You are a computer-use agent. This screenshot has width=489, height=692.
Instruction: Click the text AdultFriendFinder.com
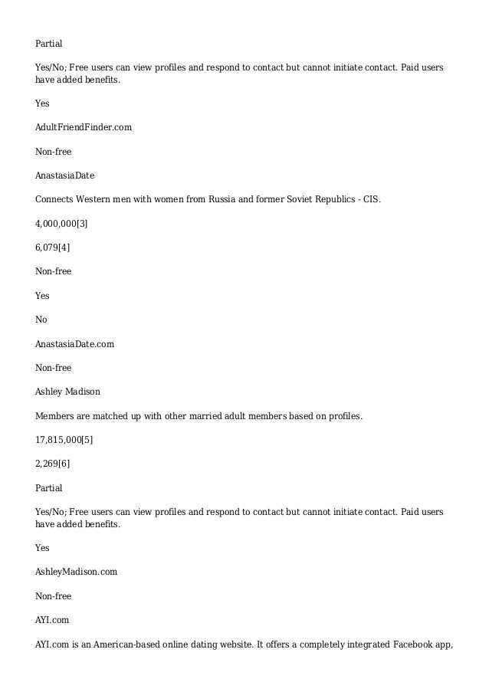click(x=84, y=127)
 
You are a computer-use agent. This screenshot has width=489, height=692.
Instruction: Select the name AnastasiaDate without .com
click(x=65, y=175)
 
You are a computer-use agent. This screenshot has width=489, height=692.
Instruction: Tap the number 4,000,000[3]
click(x=62, y=223)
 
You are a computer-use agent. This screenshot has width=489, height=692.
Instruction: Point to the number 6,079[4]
click(x=53, y=247)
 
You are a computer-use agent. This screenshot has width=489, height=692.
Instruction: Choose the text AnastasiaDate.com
click(x=75, y=344)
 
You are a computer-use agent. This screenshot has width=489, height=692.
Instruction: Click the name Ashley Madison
click(x=67, y=392)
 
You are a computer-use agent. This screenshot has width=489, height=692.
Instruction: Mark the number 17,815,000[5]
click(x=64, y=440)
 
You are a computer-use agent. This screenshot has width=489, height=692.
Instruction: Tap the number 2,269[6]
click(x=53, y=464)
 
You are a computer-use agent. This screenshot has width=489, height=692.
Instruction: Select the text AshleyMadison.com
click(x=77, y=572)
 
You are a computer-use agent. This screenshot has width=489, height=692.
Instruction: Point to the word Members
click(x=54, y=416)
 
